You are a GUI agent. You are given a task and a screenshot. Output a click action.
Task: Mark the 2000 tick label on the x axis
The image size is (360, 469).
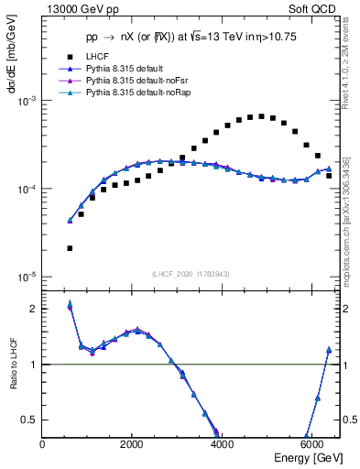click(132, 444)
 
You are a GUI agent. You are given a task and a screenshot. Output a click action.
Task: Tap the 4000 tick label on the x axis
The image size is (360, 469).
click(222, 444)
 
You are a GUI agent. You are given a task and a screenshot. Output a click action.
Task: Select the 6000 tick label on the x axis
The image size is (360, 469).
click(311, 444)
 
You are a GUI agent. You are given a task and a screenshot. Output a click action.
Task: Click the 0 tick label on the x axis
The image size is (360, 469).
click(43, 444)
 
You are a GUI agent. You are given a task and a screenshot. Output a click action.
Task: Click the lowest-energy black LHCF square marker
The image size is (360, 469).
click(70, 248)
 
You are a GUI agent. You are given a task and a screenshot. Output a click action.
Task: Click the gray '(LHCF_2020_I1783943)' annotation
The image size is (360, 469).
click(191, 275)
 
